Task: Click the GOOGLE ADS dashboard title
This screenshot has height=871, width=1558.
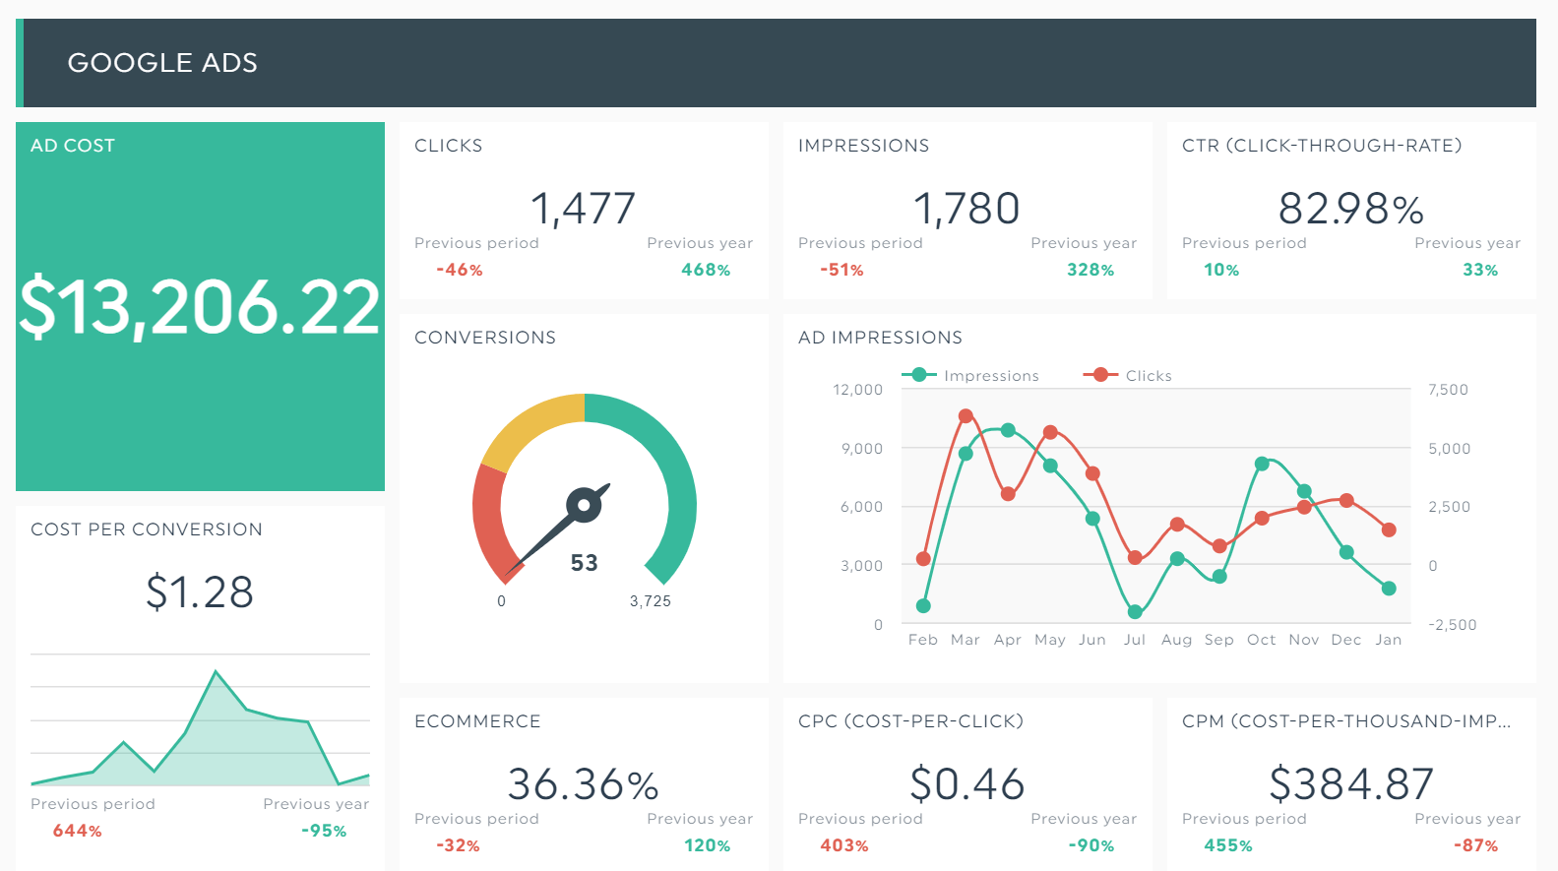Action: point(162,63)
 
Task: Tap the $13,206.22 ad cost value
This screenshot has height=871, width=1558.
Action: point(200,307)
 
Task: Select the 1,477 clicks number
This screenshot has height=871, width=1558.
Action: point(583,209)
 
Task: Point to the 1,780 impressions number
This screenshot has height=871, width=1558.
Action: point(966,209)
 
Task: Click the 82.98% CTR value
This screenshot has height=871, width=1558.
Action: point(1350,209)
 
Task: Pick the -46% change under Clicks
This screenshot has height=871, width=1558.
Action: point(460,270)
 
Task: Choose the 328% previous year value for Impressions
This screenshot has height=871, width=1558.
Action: point(1091,270)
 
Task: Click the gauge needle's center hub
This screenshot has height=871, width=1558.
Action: point(584,506)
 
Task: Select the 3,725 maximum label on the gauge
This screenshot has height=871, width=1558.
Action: point(651,601)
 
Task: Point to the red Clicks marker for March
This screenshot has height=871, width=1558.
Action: point(966,416)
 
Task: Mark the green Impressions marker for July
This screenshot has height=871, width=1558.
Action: point(1135,611)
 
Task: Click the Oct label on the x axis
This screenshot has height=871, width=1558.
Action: point(1261,640)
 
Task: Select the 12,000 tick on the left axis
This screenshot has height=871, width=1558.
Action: point(858,390)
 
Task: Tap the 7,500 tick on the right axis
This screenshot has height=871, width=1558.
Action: point(1448,390)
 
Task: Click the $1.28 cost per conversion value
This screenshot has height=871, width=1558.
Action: point(200,592)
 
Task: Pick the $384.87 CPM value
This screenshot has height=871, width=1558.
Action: point(1350,784)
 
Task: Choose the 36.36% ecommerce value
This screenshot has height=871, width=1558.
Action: point(583,784)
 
